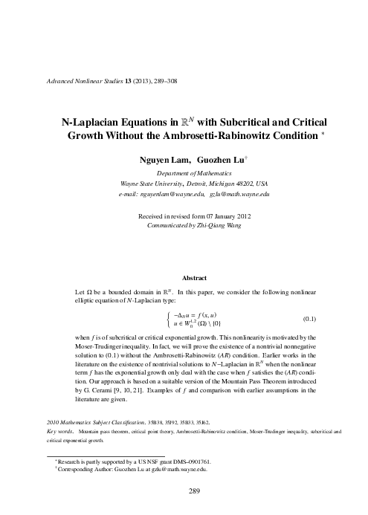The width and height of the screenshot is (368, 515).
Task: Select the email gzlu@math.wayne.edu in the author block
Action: (x=239, y=194)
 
